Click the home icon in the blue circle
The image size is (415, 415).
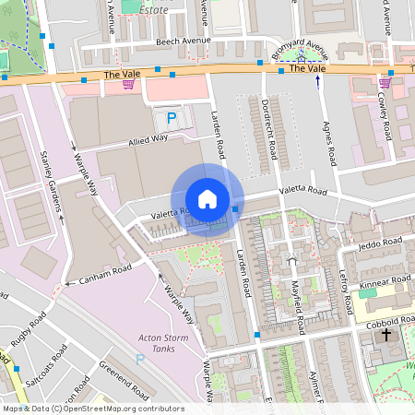tap(207, 199)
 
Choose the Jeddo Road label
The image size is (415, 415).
tap(374, 244)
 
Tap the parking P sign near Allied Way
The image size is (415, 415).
tap(171, 118)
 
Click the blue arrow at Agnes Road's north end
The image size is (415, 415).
tap(318, 82)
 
